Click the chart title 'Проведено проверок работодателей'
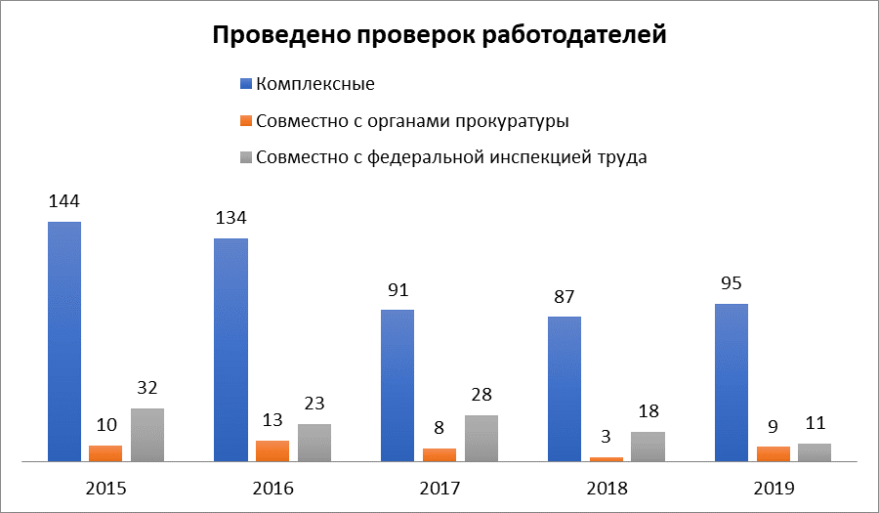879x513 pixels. [439, 36]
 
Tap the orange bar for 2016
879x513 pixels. [272, 450]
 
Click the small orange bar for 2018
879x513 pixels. [607, 458]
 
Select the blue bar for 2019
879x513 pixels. [732, 381]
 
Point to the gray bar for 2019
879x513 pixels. [815, 451]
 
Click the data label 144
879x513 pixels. [64, 201]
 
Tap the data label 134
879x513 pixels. [231, 217]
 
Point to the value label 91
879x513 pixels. [398, 290]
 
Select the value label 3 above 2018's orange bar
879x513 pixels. [607, 437]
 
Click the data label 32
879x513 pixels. [147, 388]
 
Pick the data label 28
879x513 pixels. [481, 395]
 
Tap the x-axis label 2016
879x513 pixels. [272, 488]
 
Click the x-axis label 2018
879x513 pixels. [607, 488]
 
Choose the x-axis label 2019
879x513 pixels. [774, 488]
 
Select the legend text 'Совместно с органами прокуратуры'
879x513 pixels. [411, 121]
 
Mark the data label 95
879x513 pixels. [732, 284]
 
